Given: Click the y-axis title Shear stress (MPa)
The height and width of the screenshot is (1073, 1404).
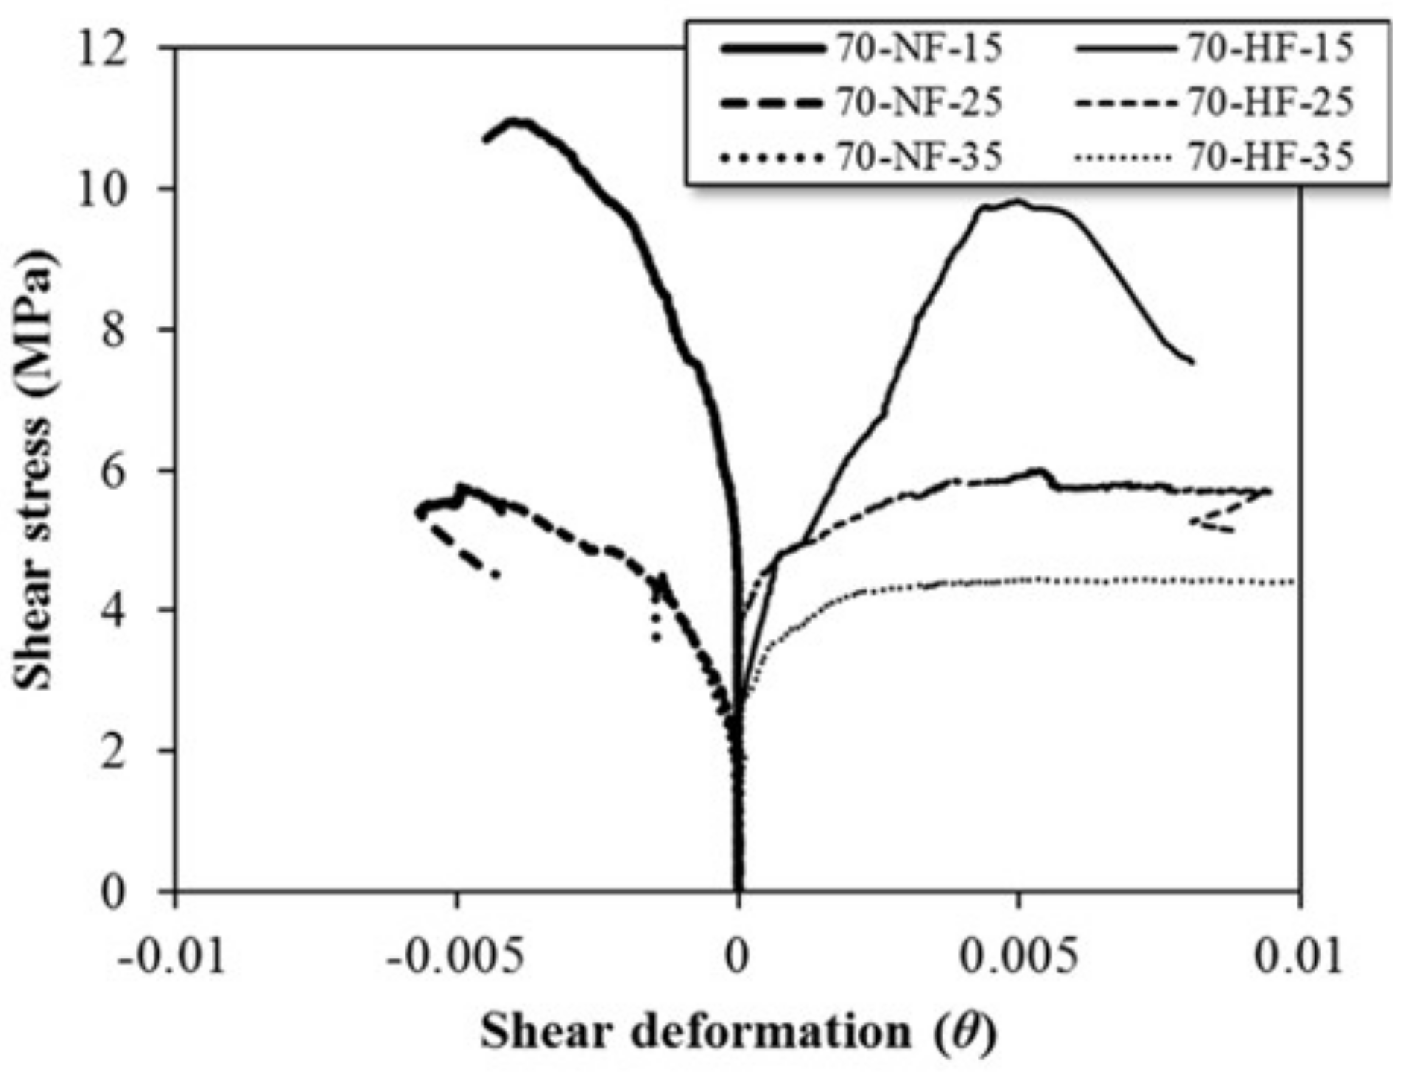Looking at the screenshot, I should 36,469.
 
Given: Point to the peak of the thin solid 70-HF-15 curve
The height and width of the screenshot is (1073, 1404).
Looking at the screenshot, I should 1016,201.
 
